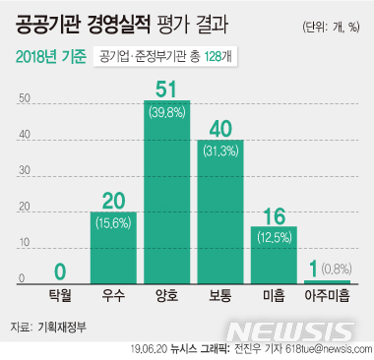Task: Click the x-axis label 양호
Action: [x=167, y=293]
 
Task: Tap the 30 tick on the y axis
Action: [x=25, y=172]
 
